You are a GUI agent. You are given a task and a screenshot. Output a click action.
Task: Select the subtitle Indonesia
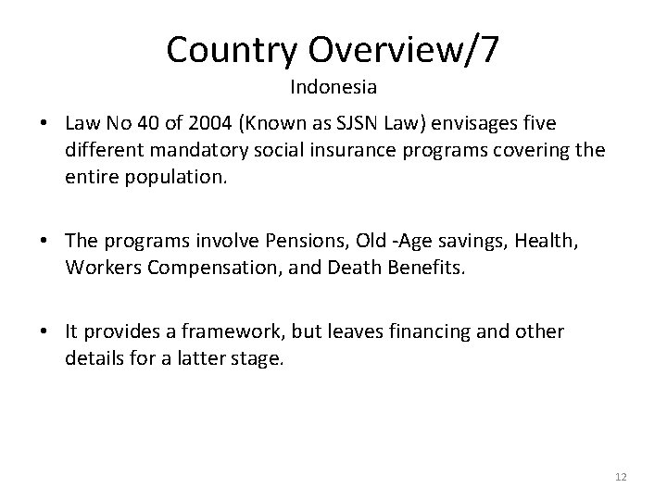pyautogui.click(x=333, y=89)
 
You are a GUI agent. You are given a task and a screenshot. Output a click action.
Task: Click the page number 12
pyautogui.click(x=621, y=477)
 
